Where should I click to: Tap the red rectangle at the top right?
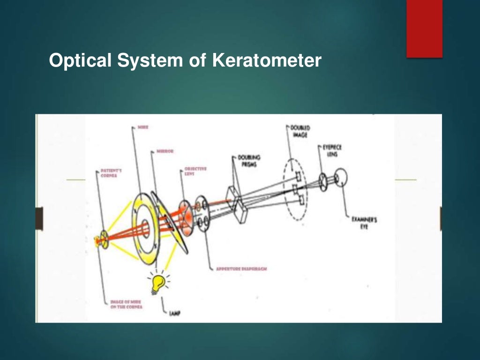424,28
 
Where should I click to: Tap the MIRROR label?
165,152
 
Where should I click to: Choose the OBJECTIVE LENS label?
195,171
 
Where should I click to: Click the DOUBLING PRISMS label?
249,161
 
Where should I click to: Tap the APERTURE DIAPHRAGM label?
241,269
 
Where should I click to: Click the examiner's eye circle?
341,178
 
